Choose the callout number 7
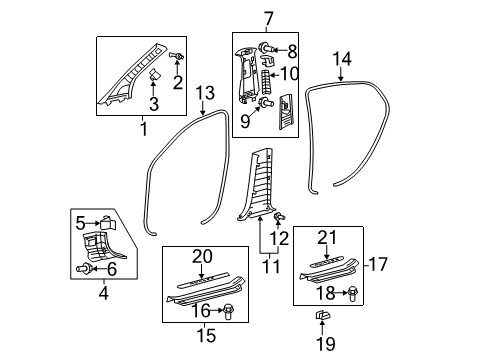(x=267, y=17)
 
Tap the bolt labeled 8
(x=270, y=47)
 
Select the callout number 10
(x=291, y=73)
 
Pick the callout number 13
(x=205, y=93)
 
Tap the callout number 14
(x=343, y=59)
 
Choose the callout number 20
(x=204, y=257)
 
